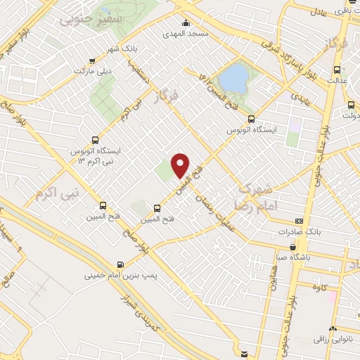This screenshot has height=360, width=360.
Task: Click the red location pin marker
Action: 181,165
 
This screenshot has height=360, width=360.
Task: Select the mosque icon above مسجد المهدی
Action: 185,22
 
